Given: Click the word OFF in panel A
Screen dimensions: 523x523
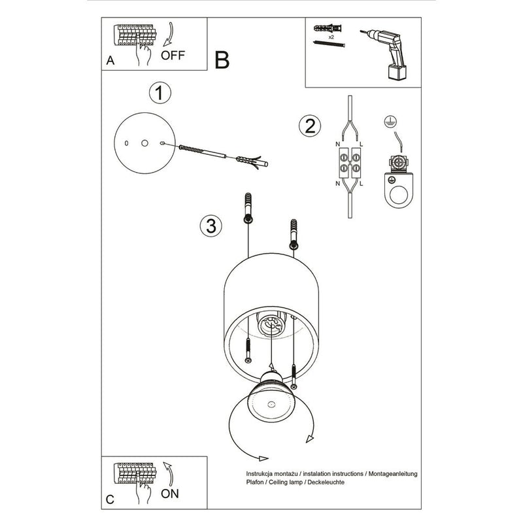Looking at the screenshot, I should pos(173,55).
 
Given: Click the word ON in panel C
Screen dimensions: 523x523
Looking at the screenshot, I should pos(170,494).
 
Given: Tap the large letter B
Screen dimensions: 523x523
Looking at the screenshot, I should pos(222,60).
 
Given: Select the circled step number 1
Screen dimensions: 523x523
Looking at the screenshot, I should pos(159,93).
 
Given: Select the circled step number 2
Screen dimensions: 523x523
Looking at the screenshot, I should pos(309,125).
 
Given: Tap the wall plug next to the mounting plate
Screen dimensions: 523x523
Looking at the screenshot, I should pos(248,160).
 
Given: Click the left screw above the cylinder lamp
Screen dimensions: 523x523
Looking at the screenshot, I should pos(248,208).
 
